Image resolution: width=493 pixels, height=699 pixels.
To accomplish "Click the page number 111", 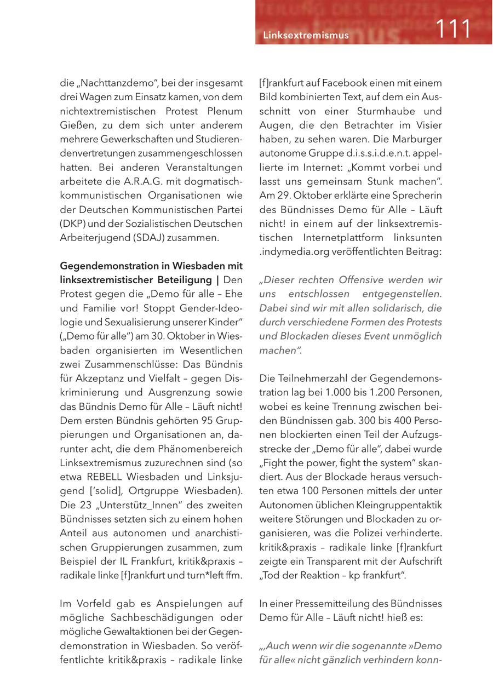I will (x=453, y=28).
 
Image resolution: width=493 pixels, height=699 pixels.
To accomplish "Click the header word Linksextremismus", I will (x=306, y=36).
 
